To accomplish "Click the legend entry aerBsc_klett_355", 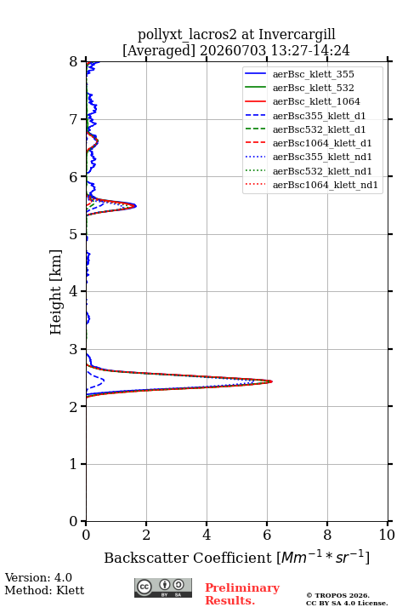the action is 313,74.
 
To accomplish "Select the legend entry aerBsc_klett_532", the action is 313,88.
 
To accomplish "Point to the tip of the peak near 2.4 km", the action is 272,381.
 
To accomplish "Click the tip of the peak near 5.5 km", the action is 136,206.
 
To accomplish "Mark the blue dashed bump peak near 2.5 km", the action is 104,380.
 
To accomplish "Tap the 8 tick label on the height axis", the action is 74,61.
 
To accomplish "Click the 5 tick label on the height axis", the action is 74,234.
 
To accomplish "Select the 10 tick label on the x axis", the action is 387,535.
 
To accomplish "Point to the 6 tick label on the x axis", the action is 267,535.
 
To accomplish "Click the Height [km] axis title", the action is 56,292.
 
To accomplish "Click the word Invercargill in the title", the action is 297,35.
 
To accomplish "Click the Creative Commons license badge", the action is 163,587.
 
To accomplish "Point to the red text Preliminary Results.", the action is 242,594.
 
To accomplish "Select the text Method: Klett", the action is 44,590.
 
